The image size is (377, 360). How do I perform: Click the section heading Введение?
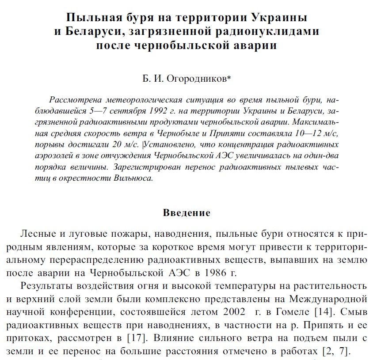[187, 213]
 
